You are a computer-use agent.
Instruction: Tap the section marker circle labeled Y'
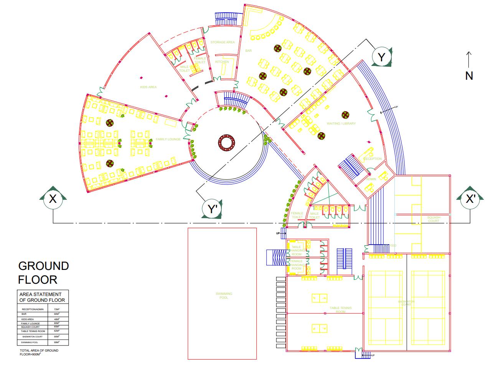click(x=213, y=209)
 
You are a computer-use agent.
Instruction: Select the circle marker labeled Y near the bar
click(x=381, y=57)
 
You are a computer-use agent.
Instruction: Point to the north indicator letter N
click(x=469, y=76)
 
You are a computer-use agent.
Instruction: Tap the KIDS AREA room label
click(x=148, y=87)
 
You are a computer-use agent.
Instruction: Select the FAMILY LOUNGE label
click(x=168, y=139)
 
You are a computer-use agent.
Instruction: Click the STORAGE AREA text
click(x=223, y=42)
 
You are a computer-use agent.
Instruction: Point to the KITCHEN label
click(x=222, y=62)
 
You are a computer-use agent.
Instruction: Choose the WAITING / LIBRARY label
click(x=341, y=123)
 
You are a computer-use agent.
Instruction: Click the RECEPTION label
click(x=373, y=159)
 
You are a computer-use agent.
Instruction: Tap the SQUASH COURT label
click(x=434, y=219)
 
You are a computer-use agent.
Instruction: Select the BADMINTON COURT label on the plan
click(x=406, y=303)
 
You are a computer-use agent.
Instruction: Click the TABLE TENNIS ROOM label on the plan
click(x=341, y=310)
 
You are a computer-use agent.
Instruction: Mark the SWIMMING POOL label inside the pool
click(x=224, y=296)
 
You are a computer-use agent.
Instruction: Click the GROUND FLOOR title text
click(x=43, y=273)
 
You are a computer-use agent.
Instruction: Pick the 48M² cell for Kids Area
click(x=57, y=319)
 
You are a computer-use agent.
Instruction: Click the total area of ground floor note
click(x=39, y=352)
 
